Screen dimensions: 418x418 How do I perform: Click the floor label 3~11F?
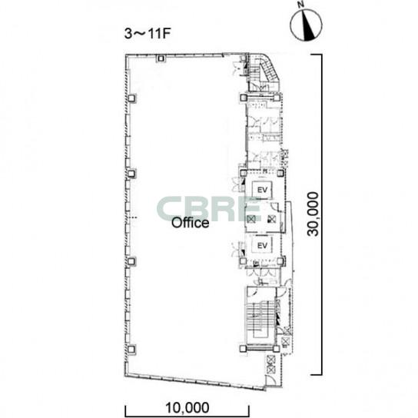click(148, 34)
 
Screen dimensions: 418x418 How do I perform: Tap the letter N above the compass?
click(301, 5)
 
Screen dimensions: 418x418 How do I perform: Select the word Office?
click(190, 223)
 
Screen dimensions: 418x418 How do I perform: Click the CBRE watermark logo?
click(208, 209)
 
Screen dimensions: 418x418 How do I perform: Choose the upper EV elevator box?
click(262, 190)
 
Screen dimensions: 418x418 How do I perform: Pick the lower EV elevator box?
click(262, 245)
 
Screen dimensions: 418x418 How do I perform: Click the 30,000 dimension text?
click(313, 214)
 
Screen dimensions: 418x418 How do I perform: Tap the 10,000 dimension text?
click(187, 408)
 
